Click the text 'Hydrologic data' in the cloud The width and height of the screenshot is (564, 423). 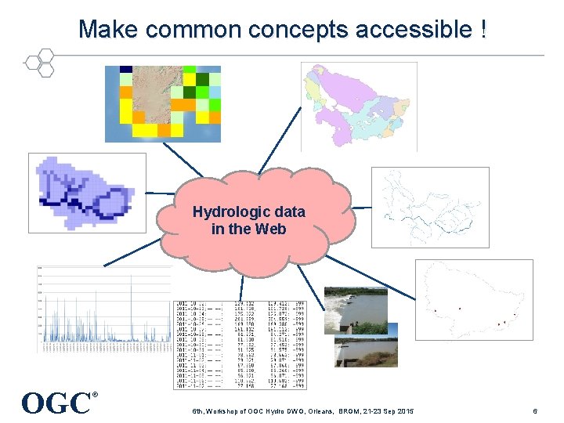tap(248, 212)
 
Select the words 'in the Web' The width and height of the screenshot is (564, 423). tap(248, 230)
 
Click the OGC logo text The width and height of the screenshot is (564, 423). tap(56, 403)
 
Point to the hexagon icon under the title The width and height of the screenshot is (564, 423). tap(39, 62)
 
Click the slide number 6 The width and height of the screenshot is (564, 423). tap(534, 411)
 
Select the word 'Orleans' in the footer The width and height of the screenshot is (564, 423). tap(323, 411)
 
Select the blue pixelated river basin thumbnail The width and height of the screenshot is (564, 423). tap(87, 192)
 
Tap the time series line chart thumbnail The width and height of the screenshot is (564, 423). tap(104, 309)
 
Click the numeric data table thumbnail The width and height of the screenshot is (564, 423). tap(240, 345)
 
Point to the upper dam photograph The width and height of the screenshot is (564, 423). tap(356, 309)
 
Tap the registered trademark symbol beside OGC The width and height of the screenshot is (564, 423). tap(95, 395)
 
